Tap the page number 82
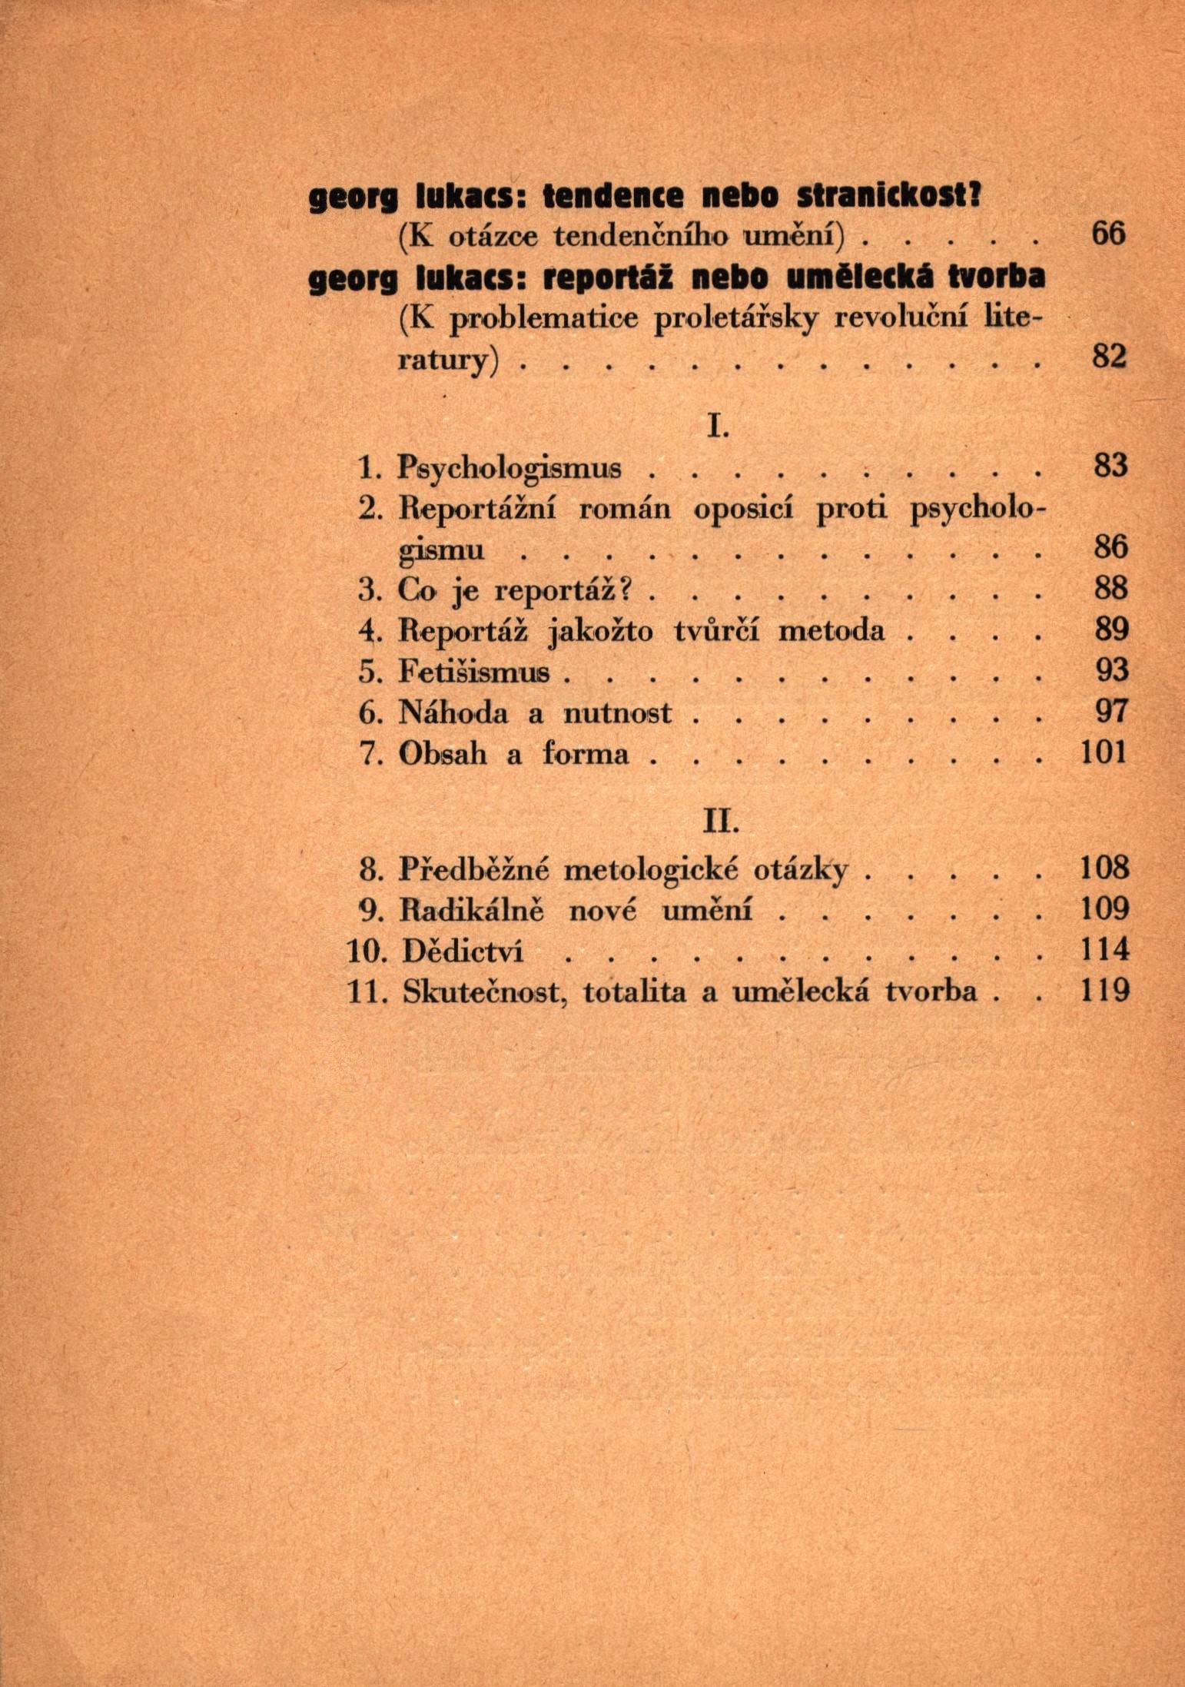1109,357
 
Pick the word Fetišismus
474,672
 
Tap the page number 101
1103,753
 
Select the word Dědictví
463,951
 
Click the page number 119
1105,991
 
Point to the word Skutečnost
484,991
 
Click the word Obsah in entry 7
443,753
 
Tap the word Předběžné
474,869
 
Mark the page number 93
1110,672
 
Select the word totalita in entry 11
634,991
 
